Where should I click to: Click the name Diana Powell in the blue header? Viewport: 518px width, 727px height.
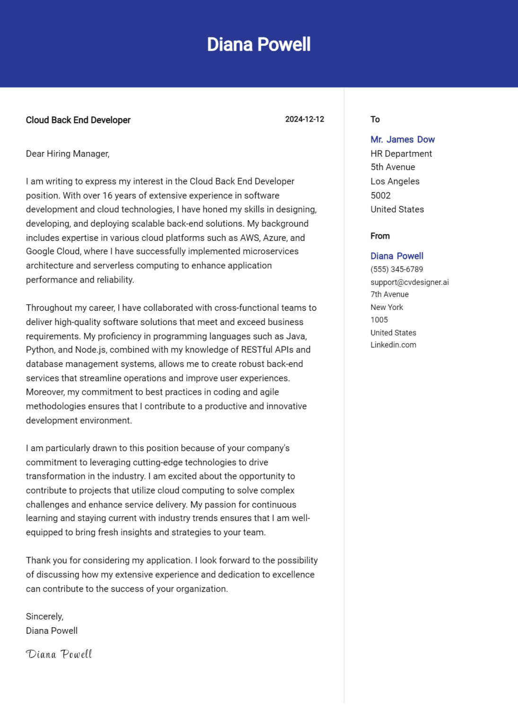[259, 44]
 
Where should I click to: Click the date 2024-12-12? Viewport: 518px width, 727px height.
[304, 119]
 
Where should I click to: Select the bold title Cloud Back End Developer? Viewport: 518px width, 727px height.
[78, 120]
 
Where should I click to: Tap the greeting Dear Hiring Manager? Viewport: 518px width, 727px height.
[68, 154]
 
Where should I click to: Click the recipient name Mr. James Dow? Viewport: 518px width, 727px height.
[402, 140]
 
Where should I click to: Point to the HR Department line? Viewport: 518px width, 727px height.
[401, 154]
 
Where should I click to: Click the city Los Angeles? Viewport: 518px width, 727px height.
[395, 181]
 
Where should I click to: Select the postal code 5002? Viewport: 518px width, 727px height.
[380, 195]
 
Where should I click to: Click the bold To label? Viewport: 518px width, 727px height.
[375, 119]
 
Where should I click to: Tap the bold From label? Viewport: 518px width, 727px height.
[380, 236]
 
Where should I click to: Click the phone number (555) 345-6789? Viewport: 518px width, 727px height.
[396, 269]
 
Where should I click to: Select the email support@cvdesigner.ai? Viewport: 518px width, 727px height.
[409, 282]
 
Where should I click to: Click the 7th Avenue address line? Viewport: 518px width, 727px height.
[389, 294]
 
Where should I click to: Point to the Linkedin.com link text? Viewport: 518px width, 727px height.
[393, 345]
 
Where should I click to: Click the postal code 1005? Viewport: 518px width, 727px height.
[379, 320]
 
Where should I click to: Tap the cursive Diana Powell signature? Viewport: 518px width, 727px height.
[59, 654]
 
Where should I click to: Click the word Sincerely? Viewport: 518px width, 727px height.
[44, 617]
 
